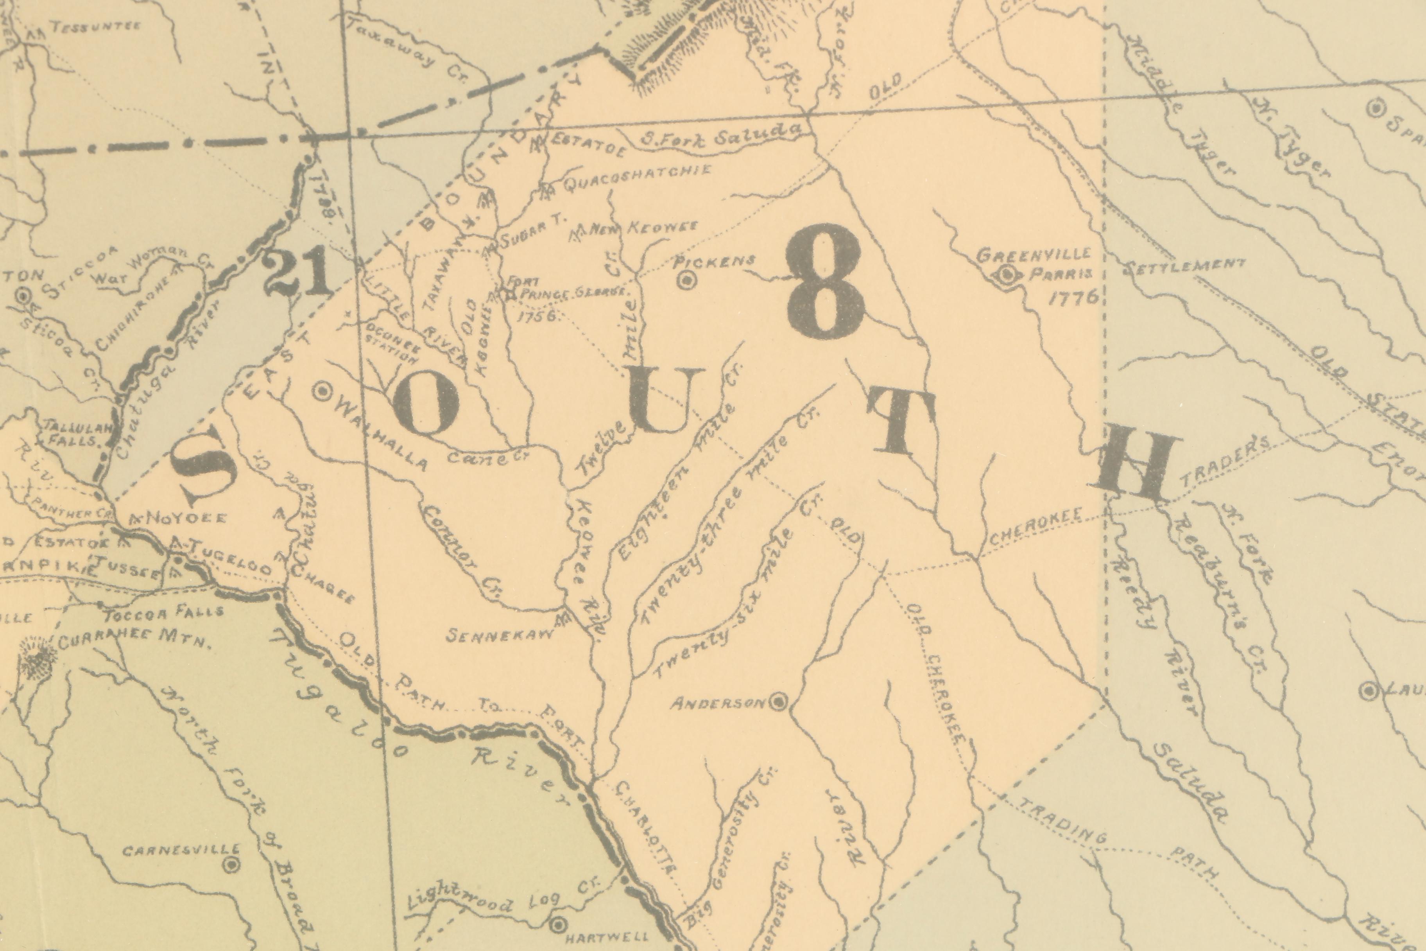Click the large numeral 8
coord(826,282)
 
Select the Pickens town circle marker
coord(686,280)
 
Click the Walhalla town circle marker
coord(322,392)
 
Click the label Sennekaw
coord(500,635)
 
